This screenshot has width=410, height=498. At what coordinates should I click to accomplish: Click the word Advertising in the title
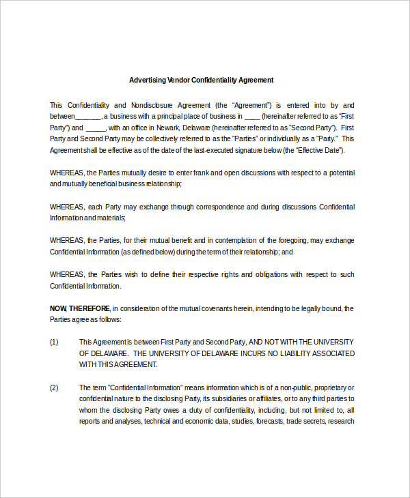148,80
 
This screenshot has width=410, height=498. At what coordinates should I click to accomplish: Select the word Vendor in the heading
179,80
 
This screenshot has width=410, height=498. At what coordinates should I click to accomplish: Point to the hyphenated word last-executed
220,150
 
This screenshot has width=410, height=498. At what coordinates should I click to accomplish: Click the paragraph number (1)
55,342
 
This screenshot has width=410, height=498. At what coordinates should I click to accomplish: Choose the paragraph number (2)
55,387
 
